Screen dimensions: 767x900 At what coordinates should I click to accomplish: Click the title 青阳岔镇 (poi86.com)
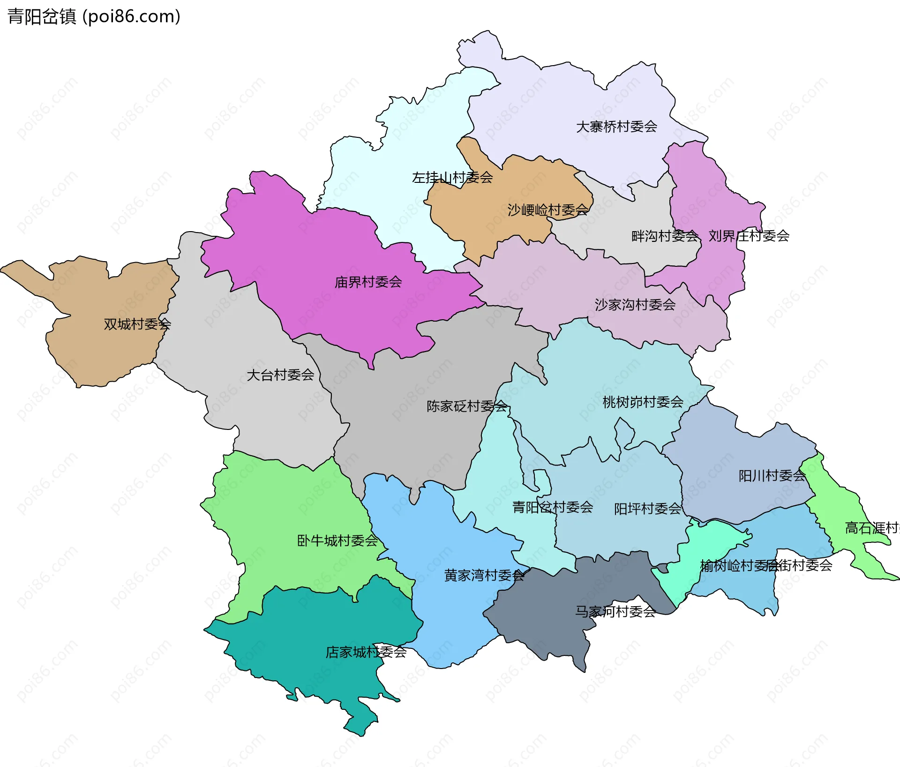tap(94, 17)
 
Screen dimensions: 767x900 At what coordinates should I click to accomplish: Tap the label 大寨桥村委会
tap(616, 127)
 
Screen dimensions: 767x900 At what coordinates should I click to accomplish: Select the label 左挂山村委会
tap(452, 178)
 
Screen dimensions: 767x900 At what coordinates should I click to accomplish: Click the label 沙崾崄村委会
tap(547, 210)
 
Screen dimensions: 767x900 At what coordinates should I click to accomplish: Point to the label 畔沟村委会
tap(665, 236)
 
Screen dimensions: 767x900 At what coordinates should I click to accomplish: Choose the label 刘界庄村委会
tap(749, 236)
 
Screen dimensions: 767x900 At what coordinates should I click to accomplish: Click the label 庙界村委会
tap(368, 282)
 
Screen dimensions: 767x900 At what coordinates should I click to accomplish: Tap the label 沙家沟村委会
tap(635, 305)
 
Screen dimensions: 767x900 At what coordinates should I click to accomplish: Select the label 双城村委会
tap(137, 324)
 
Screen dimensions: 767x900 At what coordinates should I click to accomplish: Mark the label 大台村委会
tap(280, 375)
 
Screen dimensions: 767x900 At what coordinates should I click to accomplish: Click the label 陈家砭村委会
tap(467, 406)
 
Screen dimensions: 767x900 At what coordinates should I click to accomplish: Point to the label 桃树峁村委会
tap(643, 402)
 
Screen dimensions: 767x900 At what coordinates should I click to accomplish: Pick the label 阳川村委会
tap(772, 476)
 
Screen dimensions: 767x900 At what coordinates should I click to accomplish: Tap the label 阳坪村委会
tap(647, 509)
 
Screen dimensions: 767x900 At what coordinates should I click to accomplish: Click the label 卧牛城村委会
tap(337, 541)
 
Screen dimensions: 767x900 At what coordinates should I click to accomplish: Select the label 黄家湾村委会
tap(484, 576)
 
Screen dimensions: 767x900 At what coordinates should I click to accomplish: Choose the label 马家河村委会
tap(615, 612)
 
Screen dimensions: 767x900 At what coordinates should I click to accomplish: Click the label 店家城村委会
tap(366, 652)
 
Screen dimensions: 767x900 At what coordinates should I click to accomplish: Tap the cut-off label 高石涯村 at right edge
tap(872, 528)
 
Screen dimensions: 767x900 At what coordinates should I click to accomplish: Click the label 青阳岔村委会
tap(553, 507)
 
